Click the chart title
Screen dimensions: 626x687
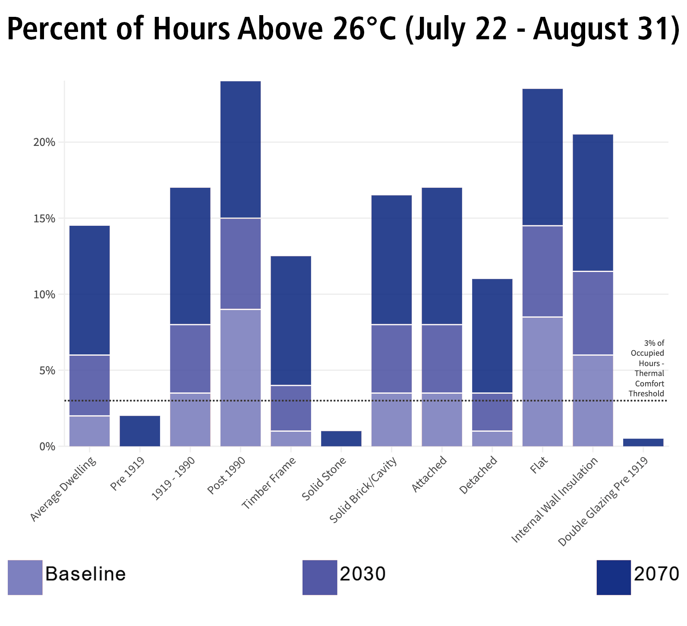[343, 29]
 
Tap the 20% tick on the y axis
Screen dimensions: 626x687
[44, 142]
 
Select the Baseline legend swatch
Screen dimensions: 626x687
[25, 577]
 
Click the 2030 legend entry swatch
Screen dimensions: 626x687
[319, 577]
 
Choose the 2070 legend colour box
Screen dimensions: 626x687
[614, 577]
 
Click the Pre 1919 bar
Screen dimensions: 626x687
[140, 431]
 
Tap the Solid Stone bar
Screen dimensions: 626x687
[341, 439]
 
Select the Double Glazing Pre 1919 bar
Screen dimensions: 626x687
[643, 443]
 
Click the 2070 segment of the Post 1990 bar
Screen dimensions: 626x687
[240, 149]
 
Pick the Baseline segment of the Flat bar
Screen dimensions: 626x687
[542, 382]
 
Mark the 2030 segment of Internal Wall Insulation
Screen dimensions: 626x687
[593, 313]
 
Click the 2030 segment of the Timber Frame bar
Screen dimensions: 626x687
[291, 408]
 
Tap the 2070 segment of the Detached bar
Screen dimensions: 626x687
[492, 336]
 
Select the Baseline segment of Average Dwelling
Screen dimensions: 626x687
[89, 431]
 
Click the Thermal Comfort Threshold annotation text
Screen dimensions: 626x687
[647, 368]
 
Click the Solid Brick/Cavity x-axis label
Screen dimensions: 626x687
[363, 490]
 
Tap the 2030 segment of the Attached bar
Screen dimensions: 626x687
[442, 359]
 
